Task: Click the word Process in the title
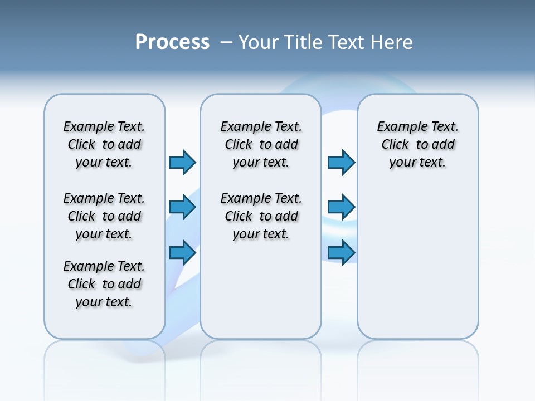pos(172,42)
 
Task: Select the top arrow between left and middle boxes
pos(182,162)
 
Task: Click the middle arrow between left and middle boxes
pos(182,208)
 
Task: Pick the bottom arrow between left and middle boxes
pos(182,253)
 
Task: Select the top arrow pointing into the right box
pos(341,162)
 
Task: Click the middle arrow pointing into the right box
pos(341,208)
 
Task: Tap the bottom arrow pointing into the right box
pos(341,253)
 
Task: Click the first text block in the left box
pos(104,144)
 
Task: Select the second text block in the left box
pos(104,216)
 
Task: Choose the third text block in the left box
pos(104,284)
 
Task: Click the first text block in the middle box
pos(261,144)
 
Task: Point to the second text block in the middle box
pos(261,216)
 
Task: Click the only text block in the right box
pos(417,144)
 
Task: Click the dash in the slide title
pos(227,42)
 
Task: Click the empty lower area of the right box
pos(417,267)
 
